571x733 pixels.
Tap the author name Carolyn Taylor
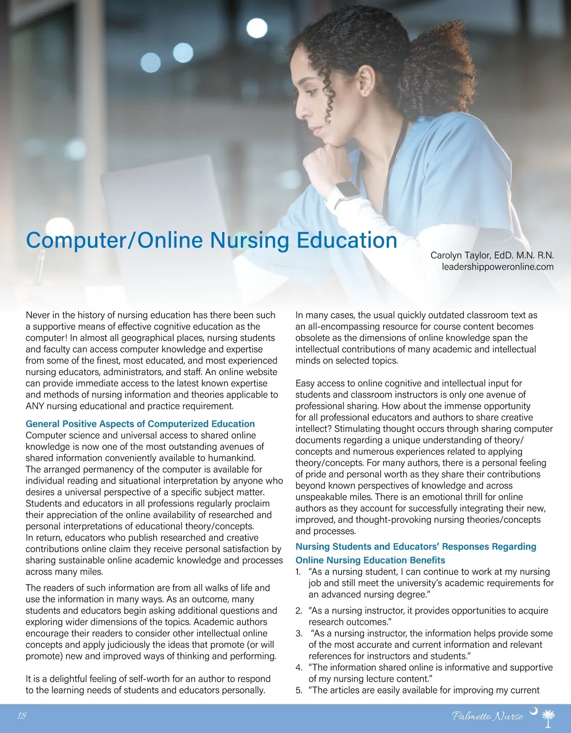(x=460, y=256)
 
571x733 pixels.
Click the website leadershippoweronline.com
(x=497, y=267)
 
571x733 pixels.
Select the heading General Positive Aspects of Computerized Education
(x=140, y=424)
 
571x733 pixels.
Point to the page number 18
(x=21, y=715)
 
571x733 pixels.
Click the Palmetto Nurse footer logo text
(x=487, y=716)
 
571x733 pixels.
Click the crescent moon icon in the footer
(x=533, y=711)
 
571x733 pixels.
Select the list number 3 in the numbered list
(x=299, y=634)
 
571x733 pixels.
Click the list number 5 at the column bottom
(x=298, y=690)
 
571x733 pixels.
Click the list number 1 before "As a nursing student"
(x=298, y=572)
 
